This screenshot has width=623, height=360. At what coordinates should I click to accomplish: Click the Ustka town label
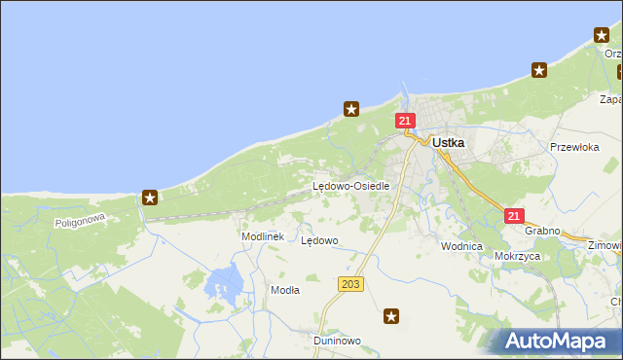[x=448, y=142]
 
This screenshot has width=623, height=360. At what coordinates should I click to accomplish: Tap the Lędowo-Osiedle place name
[x=350, y=186]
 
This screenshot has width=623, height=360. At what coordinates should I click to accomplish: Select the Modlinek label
[x=262, y=236]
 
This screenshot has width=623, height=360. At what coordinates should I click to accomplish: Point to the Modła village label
[x=285, y=290]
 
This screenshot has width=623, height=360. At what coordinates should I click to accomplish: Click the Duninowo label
[x=337, y=341]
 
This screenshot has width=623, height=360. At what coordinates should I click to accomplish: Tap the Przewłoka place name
[x=573, y=147]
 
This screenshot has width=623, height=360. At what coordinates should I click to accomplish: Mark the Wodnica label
[x=461, y=246]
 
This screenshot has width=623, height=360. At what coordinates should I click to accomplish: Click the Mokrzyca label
[x=517, y=256]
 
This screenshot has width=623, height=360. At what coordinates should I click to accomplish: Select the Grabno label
[x=542, y=231]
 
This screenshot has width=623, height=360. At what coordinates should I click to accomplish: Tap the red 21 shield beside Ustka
[x=406, y=121]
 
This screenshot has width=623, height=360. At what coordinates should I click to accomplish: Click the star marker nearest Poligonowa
[x=151, y=198]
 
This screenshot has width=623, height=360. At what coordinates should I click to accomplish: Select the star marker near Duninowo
[x=391, y=315]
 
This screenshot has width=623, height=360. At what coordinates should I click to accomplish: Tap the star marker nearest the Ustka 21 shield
[x=352, y=109]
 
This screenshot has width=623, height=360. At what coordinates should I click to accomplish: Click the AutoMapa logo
[x=558, y=341]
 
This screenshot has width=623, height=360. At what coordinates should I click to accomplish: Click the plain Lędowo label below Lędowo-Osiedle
[x=319, y=239]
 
